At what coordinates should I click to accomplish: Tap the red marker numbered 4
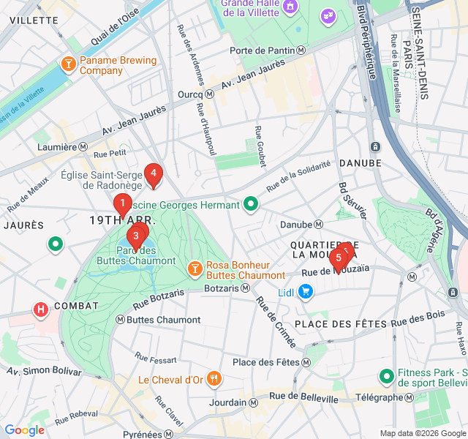[153, 174]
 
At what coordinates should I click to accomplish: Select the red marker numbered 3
[135, 236]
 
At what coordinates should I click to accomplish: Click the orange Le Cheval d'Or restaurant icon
[214, 379]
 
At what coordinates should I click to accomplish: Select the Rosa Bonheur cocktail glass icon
[195, 269]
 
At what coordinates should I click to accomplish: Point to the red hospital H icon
[41, 309]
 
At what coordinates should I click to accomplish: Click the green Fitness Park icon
[386, 377]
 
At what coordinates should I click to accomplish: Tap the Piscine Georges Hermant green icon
[251, 204]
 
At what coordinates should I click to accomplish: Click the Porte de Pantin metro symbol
[301, 50]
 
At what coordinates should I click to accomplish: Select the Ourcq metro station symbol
[210, 94]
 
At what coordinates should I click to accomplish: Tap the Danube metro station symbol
[318, 225]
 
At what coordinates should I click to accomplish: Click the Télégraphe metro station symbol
[409, 397]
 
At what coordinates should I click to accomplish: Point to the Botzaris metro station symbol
[245, 288]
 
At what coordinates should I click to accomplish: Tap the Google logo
[24, 430]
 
